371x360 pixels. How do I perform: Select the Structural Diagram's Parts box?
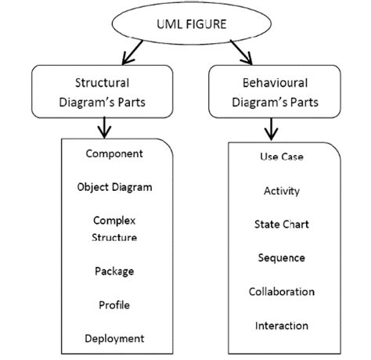(102, 92)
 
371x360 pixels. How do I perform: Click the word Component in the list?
(114, 153)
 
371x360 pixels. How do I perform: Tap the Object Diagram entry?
(114, 187)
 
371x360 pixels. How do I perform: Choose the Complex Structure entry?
(114, 229)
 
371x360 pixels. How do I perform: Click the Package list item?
(114, 271)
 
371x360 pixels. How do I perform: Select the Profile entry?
(114, 304)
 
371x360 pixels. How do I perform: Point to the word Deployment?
(114, 338)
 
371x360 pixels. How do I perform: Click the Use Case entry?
(282, 157)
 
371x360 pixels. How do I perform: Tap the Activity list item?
(282, 190)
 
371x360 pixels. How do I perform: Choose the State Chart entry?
(282, 224)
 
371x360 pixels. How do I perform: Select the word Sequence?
(282, 257)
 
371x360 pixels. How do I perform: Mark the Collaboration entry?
(282, 291)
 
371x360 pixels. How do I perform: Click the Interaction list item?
(282, 325)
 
